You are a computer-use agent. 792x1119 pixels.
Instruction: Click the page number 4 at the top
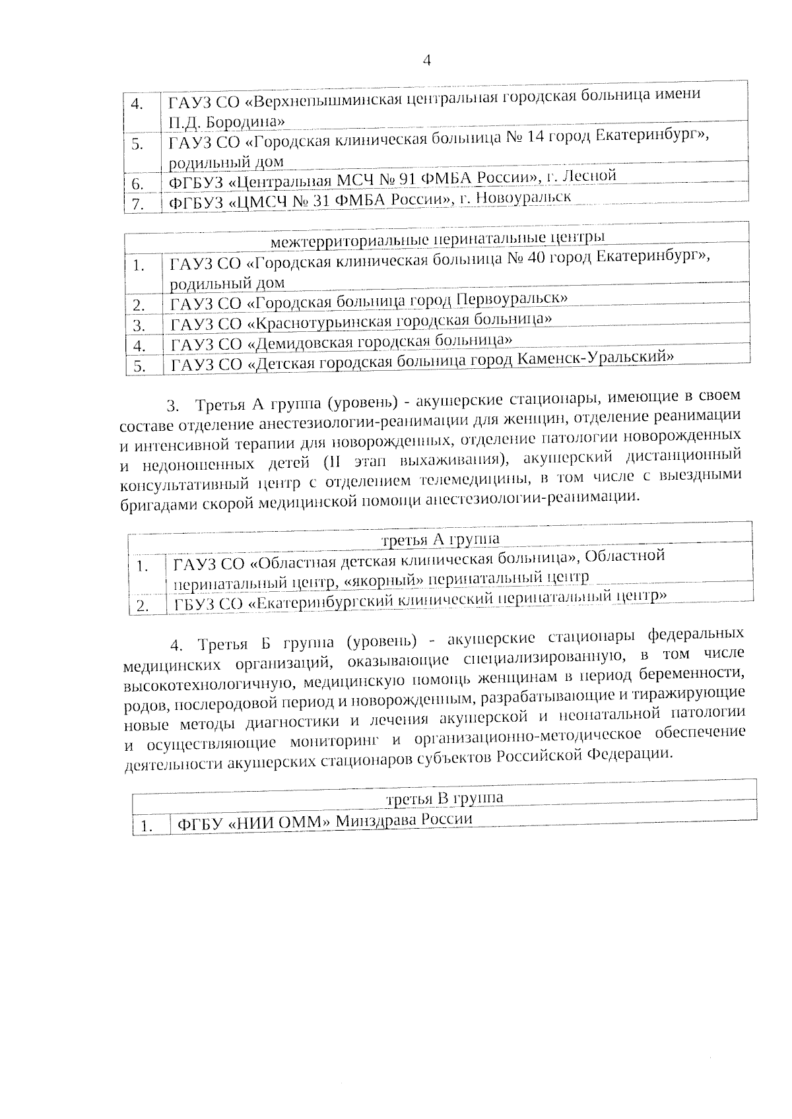point(426,61)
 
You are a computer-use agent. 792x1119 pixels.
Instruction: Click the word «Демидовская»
point(302,342)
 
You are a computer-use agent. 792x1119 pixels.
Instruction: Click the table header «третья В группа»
point(444,798)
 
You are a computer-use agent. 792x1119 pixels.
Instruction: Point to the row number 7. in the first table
point(137,204)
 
